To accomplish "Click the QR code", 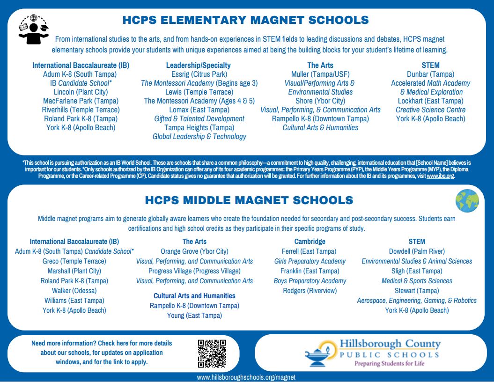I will pos(212,353).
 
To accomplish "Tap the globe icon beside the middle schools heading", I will pos(467,201).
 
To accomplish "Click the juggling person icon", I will pos(33,30).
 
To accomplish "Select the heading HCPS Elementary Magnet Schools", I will pos(245,20).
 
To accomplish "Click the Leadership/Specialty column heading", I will pos(199,65).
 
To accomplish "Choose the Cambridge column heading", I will pos(310,242).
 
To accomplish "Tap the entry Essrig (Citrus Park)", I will pos(199,74).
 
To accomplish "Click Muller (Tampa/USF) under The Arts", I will pos(320,74).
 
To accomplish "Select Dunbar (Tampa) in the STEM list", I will pos(430,74).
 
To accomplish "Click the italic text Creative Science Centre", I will pos(430,110).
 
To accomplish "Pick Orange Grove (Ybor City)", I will pos(194,251).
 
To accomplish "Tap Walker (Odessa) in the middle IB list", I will pos(74,291).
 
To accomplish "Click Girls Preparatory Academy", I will pos(310,261).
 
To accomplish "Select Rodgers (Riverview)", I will pos(310,291).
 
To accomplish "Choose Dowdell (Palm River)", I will pos(417,251).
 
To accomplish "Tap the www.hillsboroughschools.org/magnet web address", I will pos(246,377).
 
